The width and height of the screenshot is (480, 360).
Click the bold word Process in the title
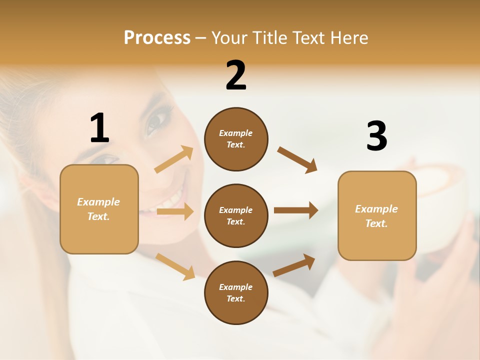click(157, 38)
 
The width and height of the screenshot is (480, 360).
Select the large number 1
click(99, 128)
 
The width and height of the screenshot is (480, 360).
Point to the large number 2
click(236, 76)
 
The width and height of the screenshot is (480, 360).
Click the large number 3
click(376, 136)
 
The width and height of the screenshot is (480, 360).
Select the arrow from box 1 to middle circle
click(175, 211)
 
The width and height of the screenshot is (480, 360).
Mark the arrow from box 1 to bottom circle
click(175, 266)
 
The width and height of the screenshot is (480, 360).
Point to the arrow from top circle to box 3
click(297, 160)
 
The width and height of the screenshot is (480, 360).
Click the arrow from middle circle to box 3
click(296, 210)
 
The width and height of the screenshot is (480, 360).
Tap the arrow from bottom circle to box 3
click(294, 265)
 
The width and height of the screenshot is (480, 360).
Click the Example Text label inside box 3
click(376, 216)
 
